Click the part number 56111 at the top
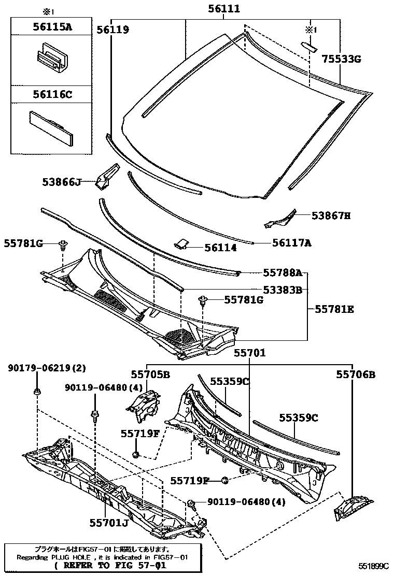click(x=224, y=8)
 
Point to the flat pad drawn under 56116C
click(x=51, y=125)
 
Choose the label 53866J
click(x=62, y=182)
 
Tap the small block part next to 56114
click(x=181, y=243)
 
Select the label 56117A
click(x=292, y=242)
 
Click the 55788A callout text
click(x=282, y=272)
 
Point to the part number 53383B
click(x=282, y=290)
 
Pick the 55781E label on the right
click(x=334, y=309)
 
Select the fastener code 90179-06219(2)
click(x=47, y=368)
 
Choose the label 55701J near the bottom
click(x=108, y=523)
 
